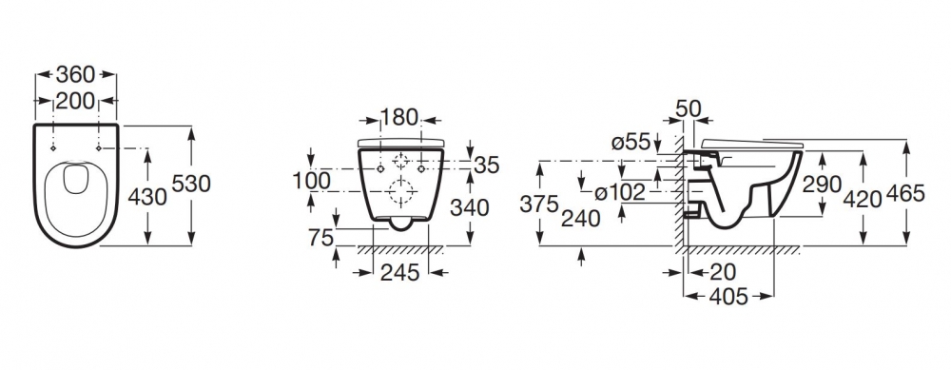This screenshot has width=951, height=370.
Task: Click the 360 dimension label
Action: click(76, 74)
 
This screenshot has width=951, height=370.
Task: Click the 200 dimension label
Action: click(75, 101)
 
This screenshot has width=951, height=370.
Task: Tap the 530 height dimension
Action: click(191, 184)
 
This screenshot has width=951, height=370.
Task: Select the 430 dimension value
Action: click(147, 197)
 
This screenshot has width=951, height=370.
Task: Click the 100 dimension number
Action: click(312, 180)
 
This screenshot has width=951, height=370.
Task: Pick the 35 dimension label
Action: click(486, 165)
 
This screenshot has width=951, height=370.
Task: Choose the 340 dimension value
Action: click(470, 207)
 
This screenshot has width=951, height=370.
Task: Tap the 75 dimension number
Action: click(320, 238)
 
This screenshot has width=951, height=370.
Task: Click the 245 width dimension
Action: click(399, 273)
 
